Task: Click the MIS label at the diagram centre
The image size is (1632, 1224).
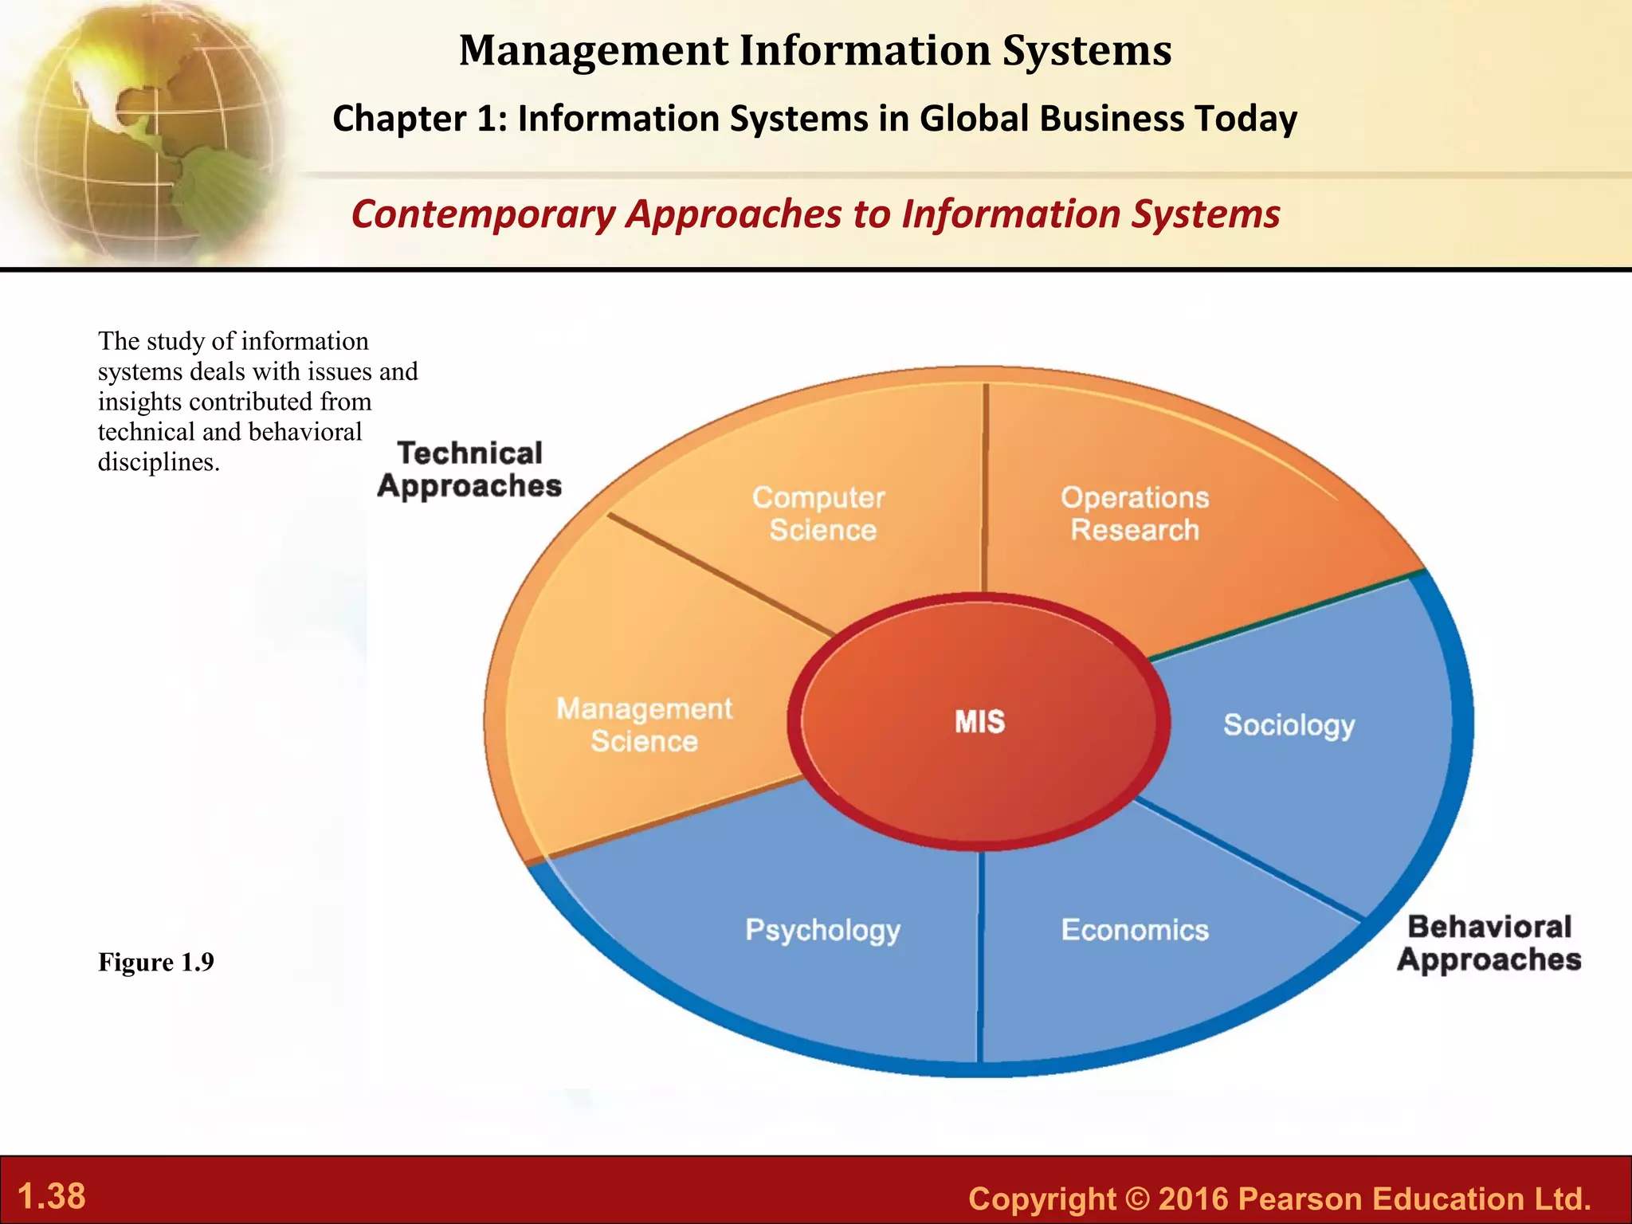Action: [979, 722]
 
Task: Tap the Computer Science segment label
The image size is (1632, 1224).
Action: [820, 514]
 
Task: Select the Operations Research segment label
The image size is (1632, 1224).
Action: [1135, 514]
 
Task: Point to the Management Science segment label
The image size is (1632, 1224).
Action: [644, 725]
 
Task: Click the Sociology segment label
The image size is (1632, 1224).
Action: [1289, 725]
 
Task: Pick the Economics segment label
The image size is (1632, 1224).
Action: [1135, 930]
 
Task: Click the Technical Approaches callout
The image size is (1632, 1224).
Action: [469, 469]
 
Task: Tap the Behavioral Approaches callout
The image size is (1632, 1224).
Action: [1489, 943]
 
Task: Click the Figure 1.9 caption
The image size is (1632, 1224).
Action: [156, 963]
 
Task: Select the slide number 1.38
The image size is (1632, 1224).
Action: [51, 1196]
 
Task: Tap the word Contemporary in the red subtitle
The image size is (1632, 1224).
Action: [483, 214]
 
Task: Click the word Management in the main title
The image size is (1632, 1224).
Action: [594, 50]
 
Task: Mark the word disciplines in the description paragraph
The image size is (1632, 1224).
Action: [158, 462]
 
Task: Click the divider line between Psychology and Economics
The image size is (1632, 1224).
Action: [980, 956]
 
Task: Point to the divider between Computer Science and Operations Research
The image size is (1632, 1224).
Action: [985, 486]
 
